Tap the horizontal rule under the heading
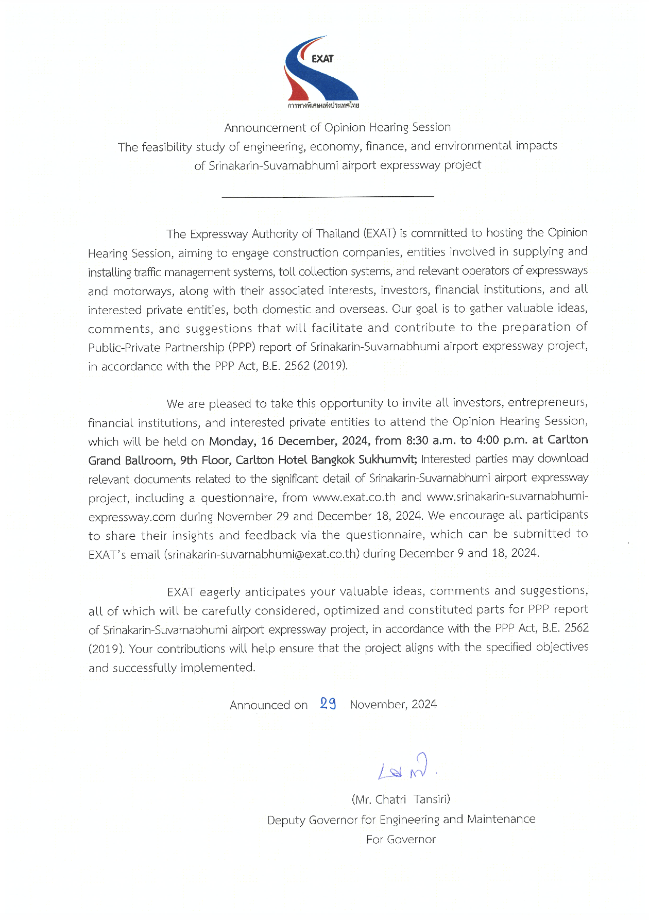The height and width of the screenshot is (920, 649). (328, 196)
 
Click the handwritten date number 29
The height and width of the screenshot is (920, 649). (328, 704)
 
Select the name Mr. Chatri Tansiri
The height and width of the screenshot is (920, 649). (401, 799)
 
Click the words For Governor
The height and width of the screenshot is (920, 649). (401, 840)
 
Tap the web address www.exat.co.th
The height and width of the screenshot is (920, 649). (354, 497)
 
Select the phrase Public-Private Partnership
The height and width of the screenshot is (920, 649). (157, 348)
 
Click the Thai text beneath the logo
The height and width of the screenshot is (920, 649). (323, 106)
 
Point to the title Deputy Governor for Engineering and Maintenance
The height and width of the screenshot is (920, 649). (401, 820)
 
